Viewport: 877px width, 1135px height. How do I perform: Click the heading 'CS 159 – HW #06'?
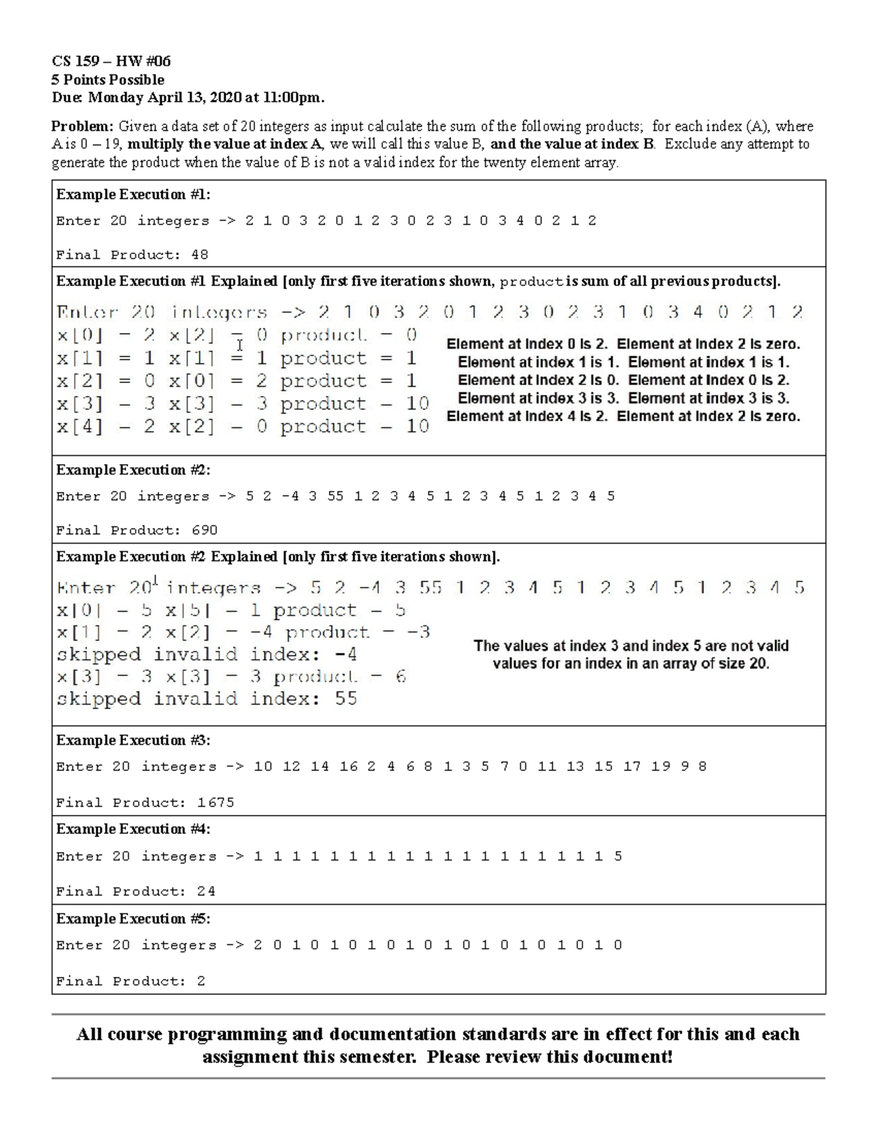click(x=111, y=61)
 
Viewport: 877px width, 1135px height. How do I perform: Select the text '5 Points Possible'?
click(x=107, y=80)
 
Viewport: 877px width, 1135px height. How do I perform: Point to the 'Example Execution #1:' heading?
click(x=133, y=194)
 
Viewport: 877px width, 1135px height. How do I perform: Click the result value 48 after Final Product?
click(x=200, y=255)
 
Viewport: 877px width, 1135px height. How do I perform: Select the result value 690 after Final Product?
click(x=204, y=531)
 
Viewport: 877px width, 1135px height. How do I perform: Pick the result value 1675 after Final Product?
click(x=216, y=802)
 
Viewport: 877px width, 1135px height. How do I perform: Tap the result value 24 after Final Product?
click(x=206, y=892)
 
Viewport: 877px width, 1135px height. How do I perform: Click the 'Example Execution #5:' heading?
click(x=133, y=919)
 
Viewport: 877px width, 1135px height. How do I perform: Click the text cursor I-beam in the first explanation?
click(x=239, y=345)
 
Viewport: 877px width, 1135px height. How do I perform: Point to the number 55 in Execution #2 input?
click(x=335, y=496)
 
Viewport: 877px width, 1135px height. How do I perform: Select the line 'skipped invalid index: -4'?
click(x=206, y=654)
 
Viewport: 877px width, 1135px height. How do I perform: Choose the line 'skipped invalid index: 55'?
click(x=206, y=699)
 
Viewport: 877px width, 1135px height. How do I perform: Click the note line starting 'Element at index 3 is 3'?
click(x=623, y=398)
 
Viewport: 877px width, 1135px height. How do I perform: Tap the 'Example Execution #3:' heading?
click(x=133, y=740)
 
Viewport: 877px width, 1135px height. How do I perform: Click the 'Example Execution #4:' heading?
click(x=133, y=830)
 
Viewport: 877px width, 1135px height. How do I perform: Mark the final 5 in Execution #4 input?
click(x=618, y=857)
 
